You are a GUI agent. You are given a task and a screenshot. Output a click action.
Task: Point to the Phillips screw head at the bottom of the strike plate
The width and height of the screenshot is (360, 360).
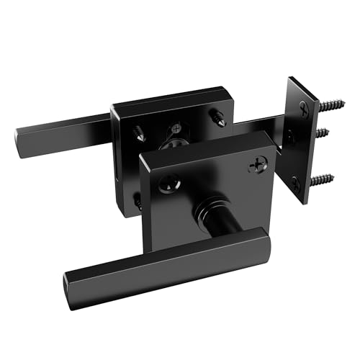[x=296, y=184]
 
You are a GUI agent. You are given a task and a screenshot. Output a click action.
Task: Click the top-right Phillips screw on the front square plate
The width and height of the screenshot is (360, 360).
[x=256, y=166]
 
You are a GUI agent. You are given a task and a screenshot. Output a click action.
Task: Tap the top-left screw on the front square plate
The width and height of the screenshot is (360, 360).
[x=165, y=183]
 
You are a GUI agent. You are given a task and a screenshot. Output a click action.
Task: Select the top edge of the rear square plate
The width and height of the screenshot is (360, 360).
[x=166, y=99]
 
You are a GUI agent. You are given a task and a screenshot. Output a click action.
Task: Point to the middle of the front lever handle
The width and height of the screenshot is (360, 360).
[x=166, y=259]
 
